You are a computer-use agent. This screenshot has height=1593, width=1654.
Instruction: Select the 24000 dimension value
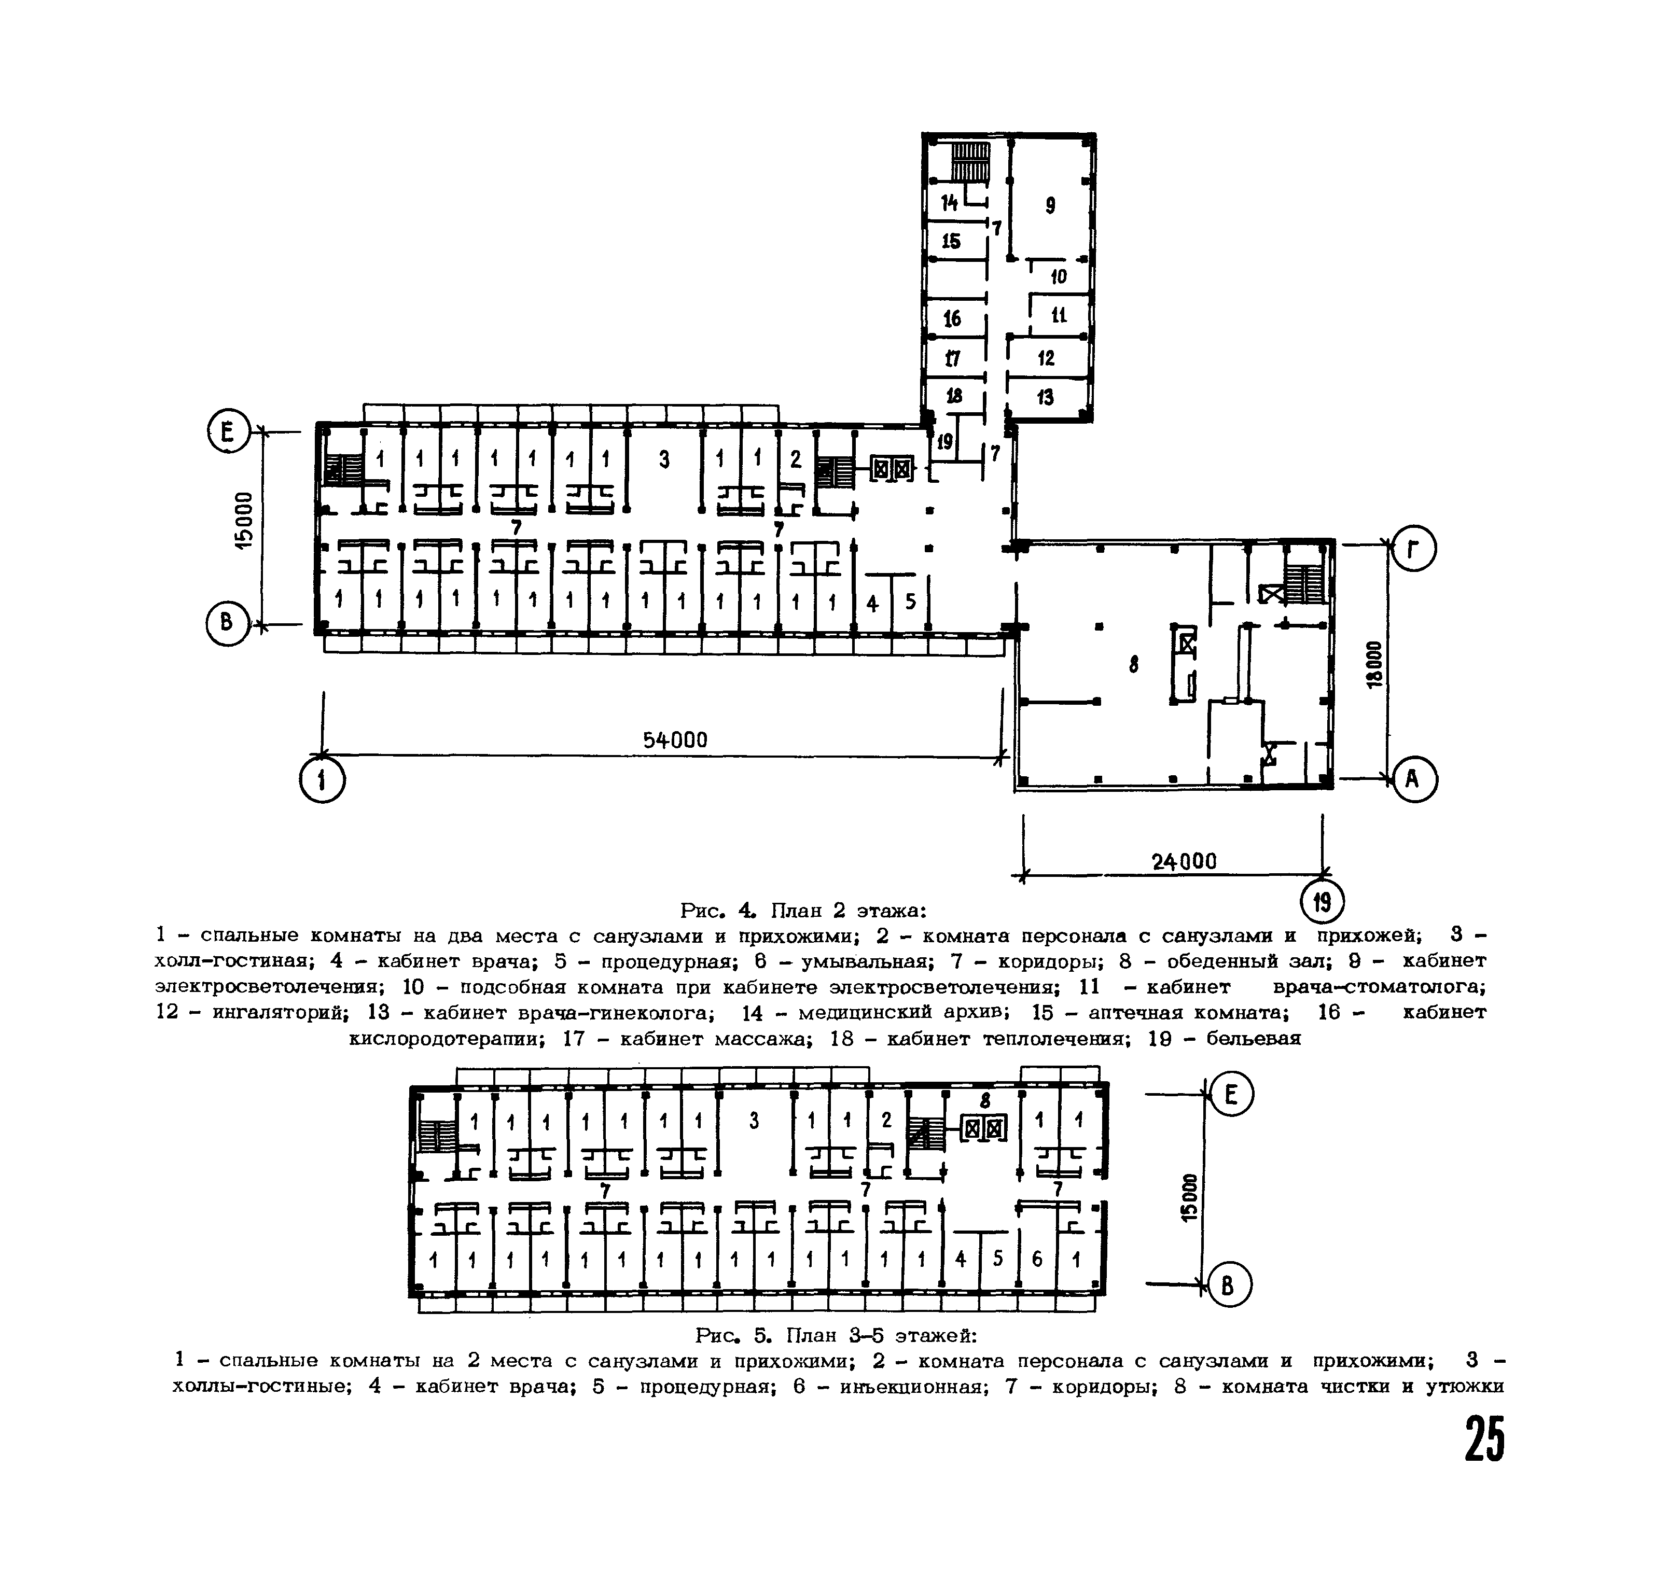point(1184,861)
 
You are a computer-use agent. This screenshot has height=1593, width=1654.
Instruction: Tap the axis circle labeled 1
point(323,779)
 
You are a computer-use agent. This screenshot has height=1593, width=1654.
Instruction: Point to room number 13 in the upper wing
point(1046,397)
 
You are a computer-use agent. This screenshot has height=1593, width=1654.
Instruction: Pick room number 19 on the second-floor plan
point(944,441)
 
